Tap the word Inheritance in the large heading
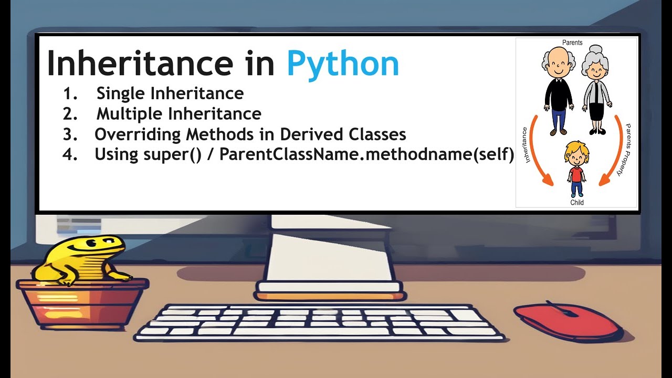(x=139, y=64)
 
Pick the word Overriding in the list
(x=138, y=135)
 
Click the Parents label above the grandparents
(x=572, y=43)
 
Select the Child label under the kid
(x=576, y=202)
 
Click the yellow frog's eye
(x=93, y=243)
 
